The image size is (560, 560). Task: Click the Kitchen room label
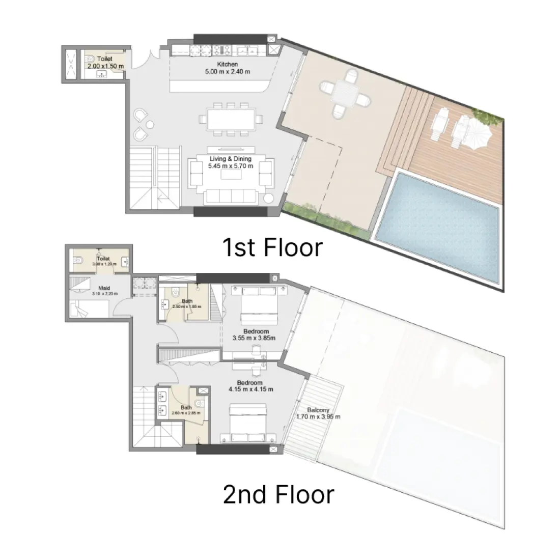pyautogui.click(x=228, y=65)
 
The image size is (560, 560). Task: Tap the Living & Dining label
pyautogui.click(x=231, y=159)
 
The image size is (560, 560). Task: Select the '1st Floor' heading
pyautogui.click(x=272, y=247)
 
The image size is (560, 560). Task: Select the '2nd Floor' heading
pyautogui.click(x=278, y=494)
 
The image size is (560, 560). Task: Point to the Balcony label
pyautogui.click(x=318, y=410)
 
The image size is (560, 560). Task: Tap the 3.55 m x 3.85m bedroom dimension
pyautogui.click(x=254, y=338)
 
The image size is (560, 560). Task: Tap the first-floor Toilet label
pyautogui.click(x=104, y=60)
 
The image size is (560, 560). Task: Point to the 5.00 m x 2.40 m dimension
pyautogui.click(x=227, y=72)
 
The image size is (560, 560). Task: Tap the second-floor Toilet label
pyautogui.click(x=103, y=259)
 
